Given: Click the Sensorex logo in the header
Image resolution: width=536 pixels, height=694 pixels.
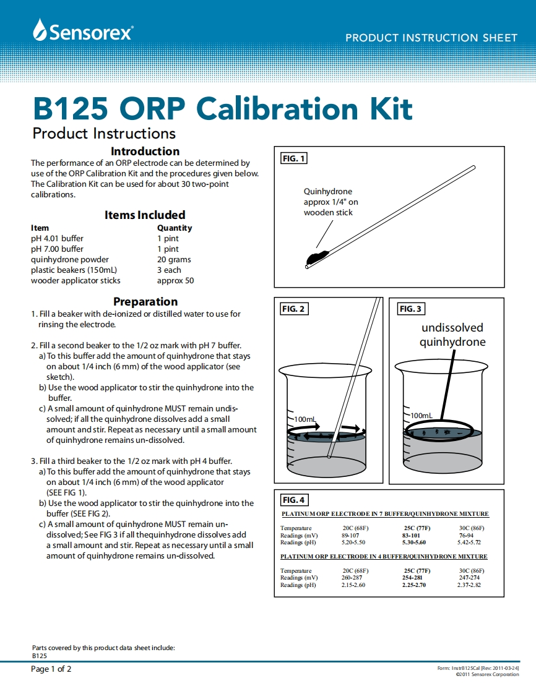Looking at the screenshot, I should point(83,31).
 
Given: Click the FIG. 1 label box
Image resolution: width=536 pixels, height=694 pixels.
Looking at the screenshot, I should point(294,158).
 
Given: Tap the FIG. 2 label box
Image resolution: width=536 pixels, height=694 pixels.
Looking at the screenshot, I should point(294,309).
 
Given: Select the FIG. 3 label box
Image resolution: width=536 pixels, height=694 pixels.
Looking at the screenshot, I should point(411,309).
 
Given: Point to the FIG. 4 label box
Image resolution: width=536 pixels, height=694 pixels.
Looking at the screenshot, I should point(294,500).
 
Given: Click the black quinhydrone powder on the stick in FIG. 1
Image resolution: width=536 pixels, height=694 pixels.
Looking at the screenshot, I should point(316,256).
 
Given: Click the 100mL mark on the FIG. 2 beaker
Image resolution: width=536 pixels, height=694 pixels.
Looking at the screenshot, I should point(305,419).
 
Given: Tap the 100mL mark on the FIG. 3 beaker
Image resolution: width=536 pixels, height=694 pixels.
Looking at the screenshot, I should point(421,415).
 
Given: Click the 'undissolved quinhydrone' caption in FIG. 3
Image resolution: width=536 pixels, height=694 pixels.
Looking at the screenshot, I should point(452,335).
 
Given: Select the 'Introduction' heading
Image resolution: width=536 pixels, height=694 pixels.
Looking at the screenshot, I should point(145,151).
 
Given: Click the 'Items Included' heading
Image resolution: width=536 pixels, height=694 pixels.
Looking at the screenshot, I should point(145,215).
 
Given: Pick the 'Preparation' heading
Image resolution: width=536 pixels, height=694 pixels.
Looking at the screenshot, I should point(145,301).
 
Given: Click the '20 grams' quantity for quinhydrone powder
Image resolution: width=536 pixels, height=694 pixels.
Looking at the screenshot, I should point(174,260).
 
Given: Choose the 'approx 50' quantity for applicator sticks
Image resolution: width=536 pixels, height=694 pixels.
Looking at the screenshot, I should point(175,281).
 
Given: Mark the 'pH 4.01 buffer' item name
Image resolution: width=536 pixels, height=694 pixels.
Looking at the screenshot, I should point(57,238).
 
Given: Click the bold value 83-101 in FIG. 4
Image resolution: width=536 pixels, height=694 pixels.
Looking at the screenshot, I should point(411,535).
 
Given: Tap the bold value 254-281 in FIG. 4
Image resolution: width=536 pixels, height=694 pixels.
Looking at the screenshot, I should point(412,578).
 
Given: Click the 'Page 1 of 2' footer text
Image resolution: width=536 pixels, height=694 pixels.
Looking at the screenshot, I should point(51,669).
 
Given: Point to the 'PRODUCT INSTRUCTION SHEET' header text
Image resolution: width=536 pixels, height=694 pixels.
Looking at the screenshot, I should point(431,38).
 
